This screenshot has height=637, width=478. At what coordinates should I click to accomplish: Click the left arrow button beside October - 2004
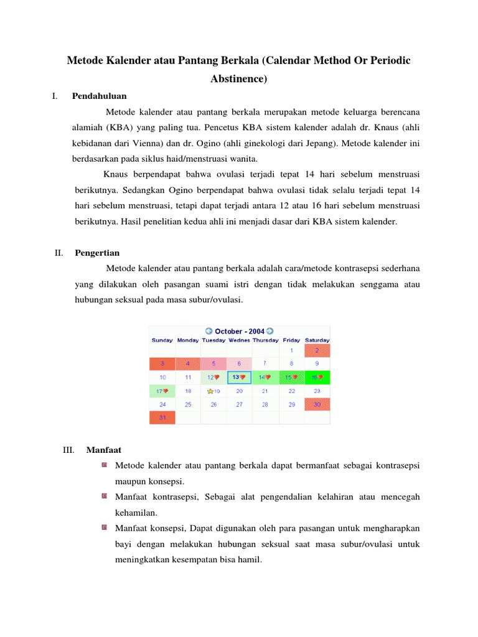(209, 332)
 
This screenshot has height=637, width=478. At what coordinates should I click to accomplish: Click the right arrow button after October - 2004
(270, 332)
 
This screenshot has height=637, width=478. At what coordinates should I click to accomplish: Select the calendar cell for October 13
(239, 377)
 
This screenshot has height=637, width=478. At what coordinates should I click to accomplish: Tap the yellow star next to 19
(210, 391)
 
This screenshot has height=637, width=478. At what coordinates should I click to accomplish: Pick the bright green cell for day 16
(317, 377)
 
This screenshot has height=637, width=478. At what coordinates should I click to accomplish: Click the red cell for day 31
(162, 418)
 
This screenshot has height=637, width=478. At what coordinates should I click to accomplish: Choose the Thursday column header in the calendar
(265, 340)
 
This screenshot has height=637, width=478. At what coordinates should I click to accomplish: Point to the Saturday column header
(317, 340)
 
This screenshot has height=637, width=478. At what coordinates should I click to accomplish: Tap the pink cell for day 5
(213, 363)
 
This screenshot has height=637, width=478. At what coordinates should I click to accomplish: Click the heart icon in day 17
(167, 391)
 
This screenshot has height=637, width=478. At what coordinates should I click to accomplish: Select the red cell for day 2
(317, 351)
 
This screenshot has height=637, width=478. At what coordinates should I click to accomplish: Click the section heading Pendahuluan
(100, 96)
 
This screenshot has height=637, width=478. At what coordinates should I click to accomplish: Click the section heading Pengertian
(97, 253)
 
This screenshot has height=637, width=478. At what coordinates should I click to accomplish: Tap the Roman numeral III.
(69, 449)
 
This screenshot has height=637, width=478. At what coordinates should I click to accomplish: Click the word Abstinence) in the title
(239, 79)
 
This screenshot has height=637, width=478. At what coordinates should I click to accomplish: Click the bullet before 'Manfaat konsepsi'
(103, 528)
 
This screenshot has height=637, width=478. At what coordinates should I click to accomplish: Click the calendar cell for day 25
(188, 404)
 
